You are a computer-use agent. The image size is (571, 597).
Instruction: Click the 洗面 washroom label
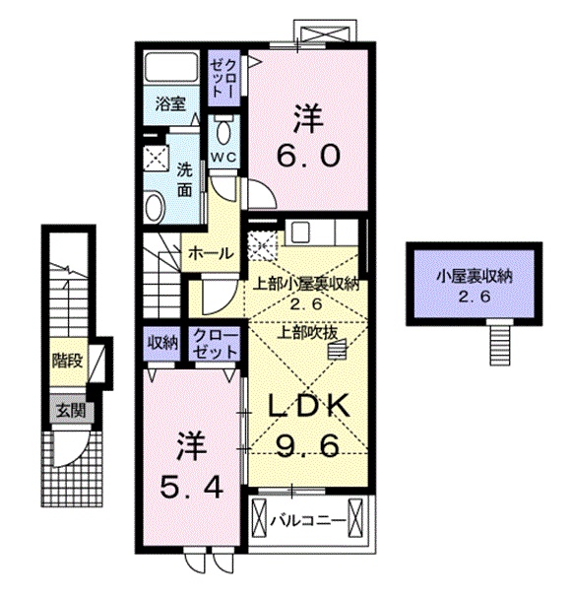[184, 178]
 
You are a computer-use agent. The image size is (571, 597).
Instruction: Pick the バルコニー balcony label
[310, 520]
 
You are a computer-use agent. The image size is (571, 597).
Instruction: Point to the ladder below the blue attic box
[501, 345]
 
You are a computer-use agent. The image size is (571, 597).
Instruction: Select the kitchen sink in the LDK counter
[299, 233]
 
